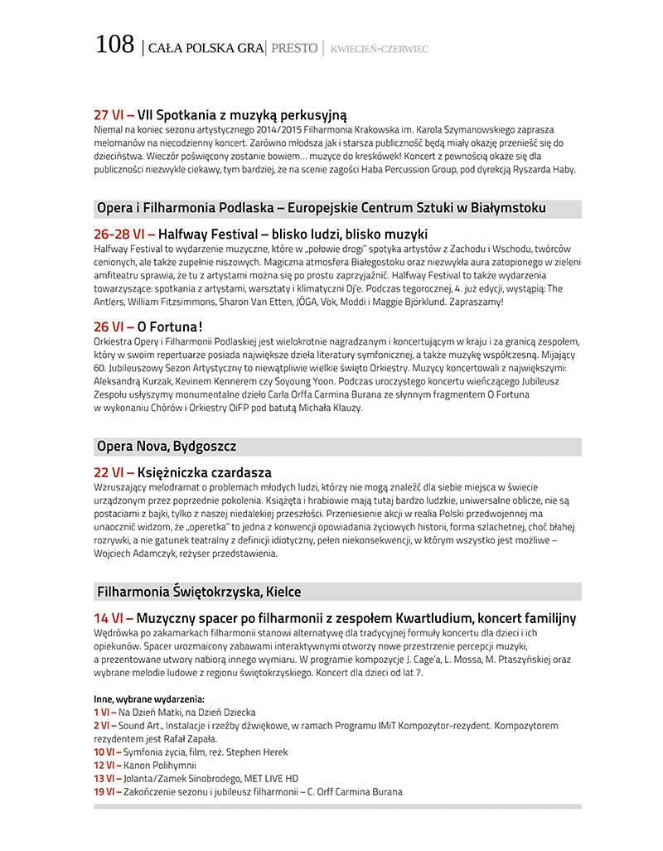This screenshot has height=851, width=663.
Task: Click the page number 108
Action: click(x=114, y=45)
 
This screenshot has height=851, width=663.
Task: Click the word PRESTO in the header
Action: click(x=294, y=48)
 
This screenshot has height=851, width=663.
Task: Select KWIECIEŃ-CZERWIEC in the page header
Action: click(x=379, y=49)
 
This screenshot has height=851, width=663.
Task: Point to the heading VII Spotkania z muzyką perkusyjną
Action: click(x=242, y=114)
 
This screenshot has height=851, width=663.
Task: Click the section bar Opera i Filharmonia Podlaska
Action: click(x=322, y=208)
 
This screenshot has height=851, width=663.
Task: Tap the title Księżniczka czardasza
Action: click(x=204, y=472)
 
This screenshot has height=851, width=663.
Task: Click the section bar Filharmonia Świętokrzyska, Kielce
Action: click(x=199, y=592)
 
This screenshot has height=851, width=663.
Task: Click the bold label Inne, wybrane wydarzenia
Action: click(x=149, y=699)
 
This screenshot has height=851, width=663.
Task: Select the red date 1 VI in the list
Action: click(x=104, y=712)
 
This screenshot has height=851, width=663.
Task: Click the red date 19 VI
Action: click(x=107, y=791)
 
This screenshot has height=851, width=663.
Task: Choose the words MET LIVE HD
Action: click(x=270, y=778)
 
